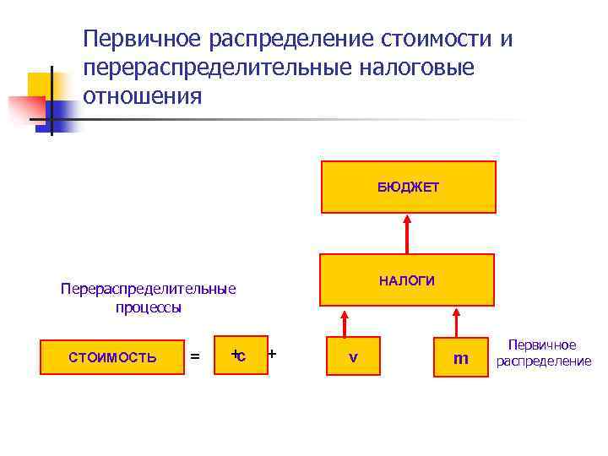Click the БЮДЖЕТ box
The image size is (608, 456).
click(x=408, y=187)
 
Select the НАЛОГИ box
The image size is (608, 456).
click(x=406, y=280)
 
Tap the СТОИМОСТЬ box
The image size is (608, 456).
click(x=112, y=357)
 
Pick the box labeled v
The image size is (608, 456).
click(x=353, y=357)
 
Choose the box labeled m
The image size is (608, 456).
click(x=460, y=358)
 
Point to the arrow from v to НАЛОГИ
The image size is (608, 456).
click(x=345, y=322)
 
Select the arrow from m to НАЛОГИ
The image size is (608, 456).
click(x=457, y=322)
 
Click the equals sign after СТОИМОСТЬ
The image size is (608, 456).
click(x=196, y=358)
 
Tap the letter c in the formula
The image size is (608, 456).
click(x=242, y=356)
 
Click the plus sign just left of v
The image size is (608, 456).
click(x=273, y=353)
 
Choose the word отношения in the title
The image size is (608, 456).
click(x=143, y=95)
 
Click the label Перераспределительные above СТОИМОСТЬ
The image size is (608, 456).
click(x=149, y=289)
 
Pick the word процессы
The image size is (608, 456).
click(x=149, y=307)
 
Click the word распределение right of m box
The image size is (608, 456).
click(x=544, y=361)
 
